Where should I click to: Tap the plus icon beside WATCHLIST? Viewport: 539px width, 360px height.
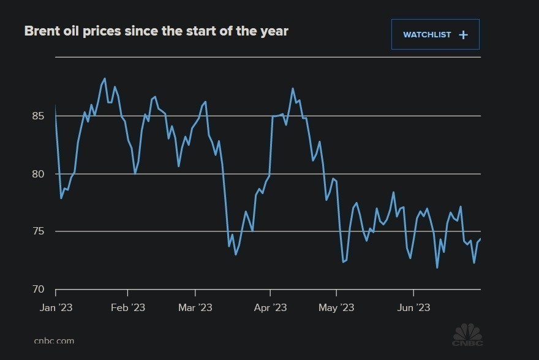pos(464,35)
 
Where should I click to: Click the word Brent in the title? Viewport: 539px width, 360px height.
pos(42,31)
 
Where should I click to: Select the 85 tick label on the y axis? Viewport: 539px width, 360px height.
pos(37,116)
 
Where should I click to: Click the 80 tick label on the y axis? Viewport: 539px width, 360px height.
pos(37,174)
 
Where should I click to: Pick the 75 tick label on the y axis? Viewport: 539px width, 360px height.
pos(37,231)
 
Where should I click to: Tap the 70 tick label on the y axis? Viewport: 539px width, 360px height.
pos(37,289)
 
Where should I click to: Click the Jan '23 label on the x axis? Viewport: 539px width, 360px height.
pos(56,307)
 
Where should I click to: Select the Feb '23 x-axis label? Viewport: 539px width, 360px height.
pos(127,307)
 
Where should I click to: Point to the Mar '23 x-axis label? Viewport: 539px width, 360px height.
pos(195,307)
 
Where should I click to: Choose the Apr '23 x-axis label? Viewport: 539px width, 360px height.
pos(270,307)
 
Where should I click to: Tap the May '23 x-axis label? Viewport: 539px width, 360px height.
pos(336,307)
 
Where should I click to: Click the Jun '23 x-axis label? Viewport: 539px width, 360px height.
pos(413,307)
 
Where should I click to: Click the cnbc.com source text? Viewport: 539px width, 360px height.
pos(54,341)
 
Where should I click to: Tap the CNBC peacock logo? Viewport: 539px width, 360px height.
pos(467,335)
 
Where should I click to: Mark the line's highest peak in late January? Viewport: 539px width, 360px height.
pos(105,78)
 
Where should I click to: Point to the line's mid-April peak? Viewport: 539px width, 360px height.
pos(293,89)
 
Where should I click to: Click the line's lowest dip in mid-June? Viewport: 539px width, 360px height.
pos(437,268)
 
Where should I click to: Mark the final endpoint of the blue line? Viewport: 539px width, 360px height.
pos(481,239)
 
